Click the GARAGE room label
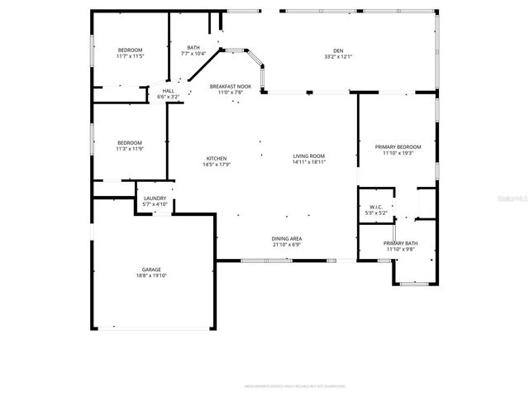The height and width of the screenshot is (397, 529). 150,269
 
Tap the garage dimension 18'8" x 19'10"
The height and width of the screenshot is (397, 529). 150,275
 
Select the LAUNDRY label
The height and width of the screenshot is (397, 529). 155,198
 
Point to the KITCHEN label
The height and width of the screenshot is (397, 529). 216,158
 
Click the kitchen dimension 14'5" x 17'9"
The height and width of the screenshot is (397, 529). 216,165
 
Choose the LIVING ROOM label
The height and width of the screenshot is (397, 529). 308,155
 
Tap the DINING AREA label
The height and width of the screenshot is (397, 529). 287,238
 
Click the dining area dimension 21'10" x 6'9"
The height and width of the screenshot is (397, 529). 287,245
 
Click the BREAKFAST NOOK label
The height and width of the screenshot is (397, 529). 230,86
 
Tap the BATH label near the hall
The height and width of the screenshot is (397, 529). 193,47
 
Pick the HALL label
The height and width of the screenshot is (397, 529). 168,90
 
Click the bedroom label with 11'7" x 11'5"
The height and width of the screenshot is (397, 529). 130,57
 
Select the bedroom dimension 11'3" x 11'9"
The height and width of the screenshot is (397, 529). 129,149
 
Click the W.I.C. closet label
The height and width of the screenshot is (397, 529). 376,207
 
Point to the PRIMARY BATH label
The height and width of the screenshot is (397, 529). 400,242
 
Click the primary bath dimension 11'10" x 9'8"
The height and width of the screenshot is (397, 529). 400,249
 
